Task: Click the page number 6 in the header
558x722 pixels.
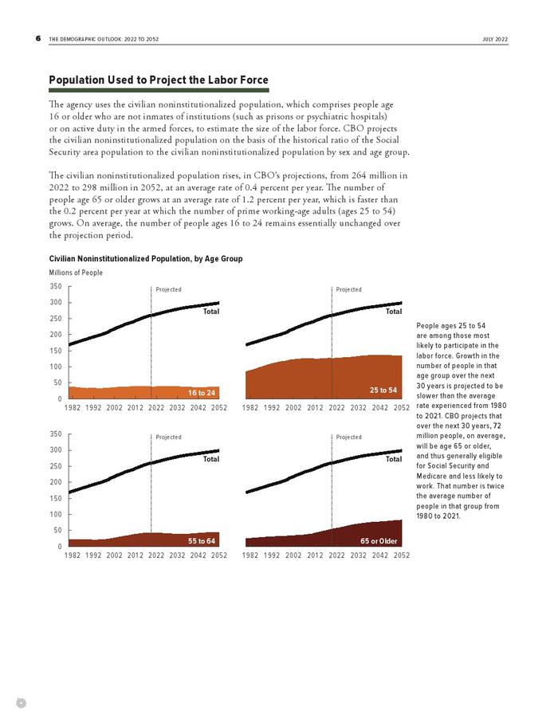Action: [x=38, y=39]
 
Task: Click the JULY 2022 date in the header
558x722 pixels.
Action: [x=495, y=40]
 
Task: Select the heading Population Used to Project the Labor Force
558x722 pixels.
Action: [x=159, y=80]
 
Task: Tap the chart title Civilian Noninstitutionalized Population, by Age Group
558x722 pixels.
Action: [x=146, y=259]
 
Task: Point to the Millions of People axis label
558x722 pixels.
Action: [x=76, y=273]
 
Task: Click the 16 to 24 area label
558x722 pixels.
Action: [x=202, y=393]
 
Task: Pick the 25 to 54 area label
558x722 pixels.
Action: [x=383, y=390]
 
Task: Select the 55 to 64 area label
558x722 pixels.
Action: [x=202, y=541]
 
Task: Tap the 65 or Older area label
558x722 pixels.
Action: [x=379, y=541]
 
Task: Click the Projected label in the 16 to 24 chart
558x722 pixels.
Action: [x=168, y=289]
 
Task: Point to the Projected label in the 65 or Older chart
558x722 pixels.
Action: [x=348, y=437]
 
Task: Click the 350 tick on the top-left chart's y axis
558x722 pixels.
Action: [x=56, y=286]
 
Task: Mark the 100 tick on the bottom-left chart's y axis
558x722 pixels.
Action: [x=56, y=514]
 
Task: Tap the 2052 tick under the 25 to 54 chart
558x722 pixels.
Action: [x=401, y=407]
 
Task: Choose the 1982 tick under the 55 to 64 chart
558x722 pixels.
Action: [x=72, y=555]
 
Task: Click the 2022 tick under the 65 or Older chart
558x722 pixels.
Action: [x=336, y=555]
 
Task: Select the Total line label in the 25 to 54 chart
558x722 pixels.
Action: [x=394, y=312]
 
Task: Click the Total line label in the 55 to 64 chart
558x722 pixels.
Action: [x=211, y=459]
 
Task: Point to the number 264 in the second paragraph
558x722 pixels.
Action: [x=359, y=175]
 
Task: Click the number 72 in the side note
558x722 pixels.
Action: [x=497, y=426]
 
